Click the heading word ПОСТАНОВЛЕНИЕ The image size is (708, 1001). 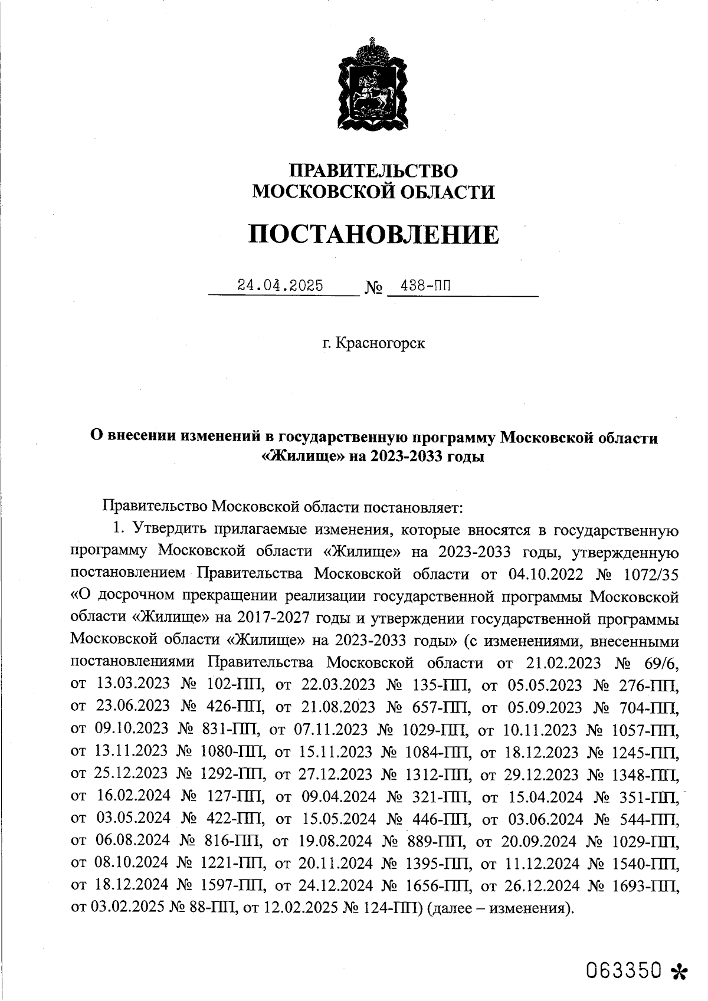(373, 234)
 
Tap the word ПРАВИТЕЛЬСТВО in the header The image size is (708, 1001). (373, 170)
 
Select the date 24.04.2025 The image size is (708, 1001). (280, 285)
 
